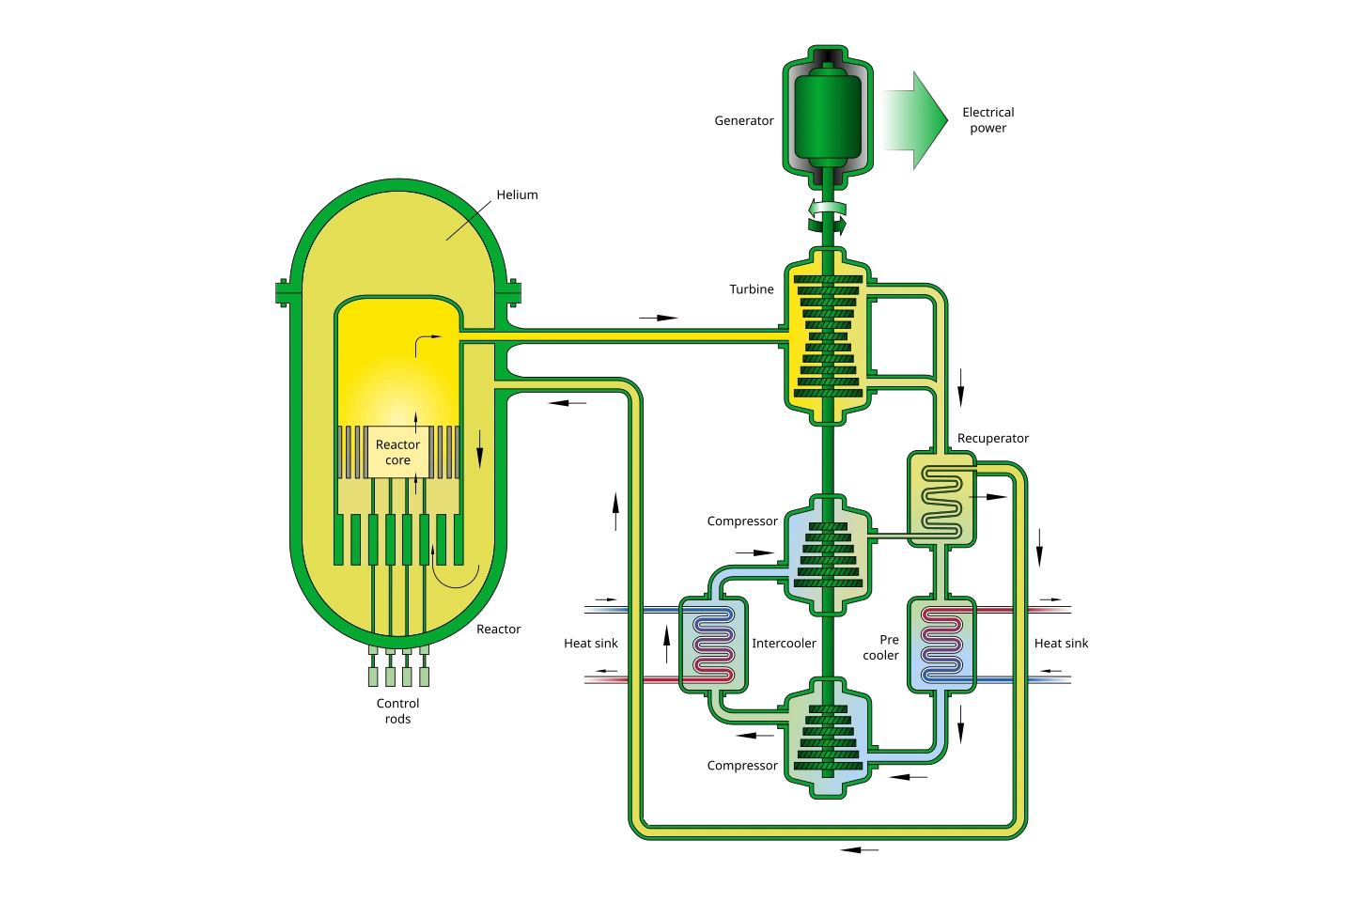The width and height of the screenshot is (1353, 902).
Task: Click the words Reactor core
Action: tap(397, 452)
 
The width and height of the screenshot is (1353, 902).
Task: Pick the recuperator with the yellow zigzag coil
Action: tap(941, 498)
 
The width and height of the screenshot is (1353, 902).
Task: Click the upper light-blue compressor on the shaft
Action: tap(827, 555)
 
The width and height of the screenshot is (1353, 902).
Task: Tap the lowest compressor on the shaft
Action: tap(827, 739)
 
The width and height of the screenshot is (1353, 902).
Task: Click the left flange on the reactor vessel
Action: tap(283, 292)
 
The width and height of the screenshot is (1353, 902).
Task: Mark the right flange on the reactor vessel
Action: tap(513, 292)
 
